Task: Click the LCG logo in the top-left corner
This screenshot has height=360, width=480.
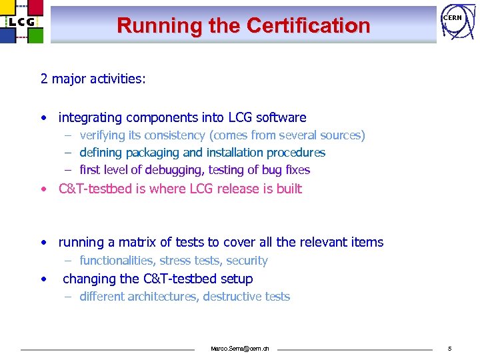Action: tap(22, 22)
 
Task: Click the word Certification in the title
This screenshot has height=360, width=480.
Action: tap(308, 26)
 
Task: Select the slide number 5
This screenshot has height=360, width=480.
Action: tap(450, 349)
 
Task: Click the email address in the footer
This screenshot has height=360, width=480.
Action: tap(240, 349)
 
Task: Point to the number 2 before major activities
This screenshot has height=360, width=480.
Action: tap(44, 79)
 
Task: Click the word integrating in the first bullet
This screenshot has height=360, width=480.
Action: tap(90, 118)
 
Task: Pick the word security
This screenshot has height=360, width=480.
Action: tap(247, 261)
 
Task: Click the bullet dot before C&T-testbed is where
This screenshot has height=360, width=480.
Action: tap(43, 189)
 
